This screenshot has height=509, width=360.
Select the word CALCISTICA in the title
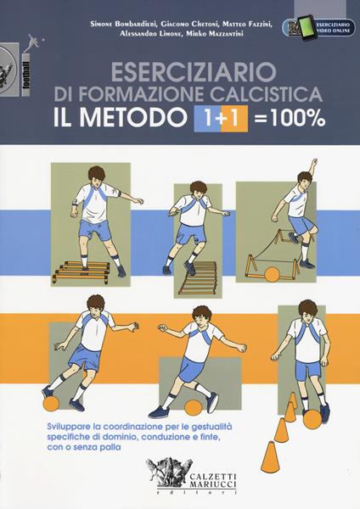point(245,94)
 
